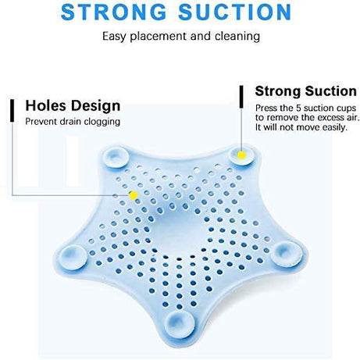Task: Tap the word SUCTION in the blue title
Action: click(238, 12)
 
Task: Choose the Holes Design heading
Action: click(73, 105)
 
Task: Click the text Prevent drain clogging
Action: click(73, 121)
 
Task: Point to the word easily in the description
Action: click(331, 127)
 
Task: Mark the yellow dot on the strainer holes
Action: click(133, 194)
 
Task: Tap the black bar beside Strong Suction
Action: click(241, 96)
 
